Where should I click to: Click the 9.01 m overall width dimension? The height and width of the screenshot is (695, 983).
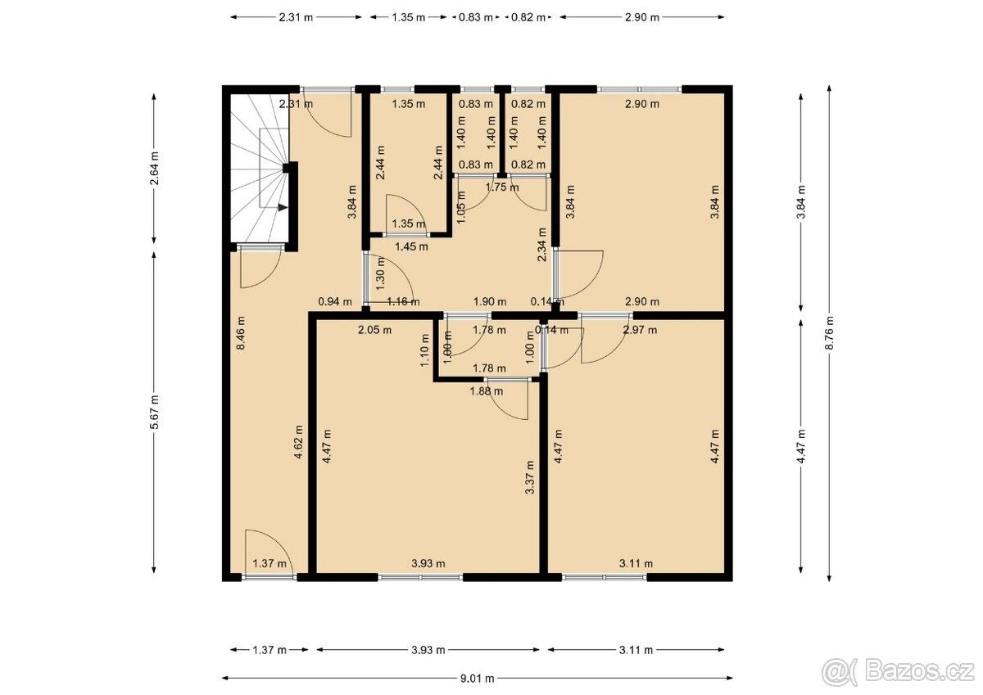tap(477, 679)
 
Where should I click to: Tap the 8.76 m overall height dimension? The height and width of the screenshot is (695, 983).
tap(829, 333)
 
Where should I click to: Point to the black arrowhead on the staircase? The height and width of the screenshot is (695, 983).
tap(283, 207)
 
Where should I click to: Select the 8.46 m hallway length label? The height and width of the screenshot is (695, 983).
tap(241, 333)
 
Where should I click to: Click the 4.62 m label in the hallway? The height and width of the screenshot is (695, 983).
tap(298, 442)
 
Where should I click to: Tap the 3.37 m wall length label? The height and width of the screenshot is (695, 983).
tap(530, 477)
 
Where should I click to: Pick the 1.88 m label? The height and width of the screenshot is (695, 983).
tap(487, 391)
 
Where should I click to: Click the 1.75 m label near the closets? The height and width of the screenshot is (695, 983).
tap(502, 187)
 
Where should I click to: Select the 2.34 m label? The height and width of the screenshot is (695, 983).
tap(542, 244)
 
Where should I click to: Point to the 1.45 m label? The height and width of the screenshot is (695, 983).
tap(411, 246)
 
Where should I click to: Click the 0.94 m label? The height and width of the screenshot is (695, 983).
tap(335, 302)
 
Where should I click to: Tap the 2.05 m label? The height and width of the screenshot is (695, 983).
tap(374, 330)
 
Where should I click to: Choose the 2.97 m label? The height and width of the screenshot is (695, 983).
tap(641, 330)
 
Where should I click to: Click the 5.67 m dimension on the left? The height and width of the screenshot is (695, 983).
tap(155, 413)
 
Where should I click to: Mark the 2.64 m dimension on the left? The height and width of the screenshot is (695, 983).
tap(155, 169)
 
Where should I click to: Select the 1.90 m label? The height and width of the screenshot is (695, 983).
tap(490, 302)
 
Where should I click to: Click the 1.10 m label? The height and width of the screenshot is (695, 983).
tap(424, 350)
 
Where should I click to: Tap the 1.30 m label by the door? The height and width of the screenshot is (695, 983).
tap(381, 273)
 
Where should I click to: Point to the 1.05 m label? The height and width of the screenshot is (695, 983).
tap(461, 207)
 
